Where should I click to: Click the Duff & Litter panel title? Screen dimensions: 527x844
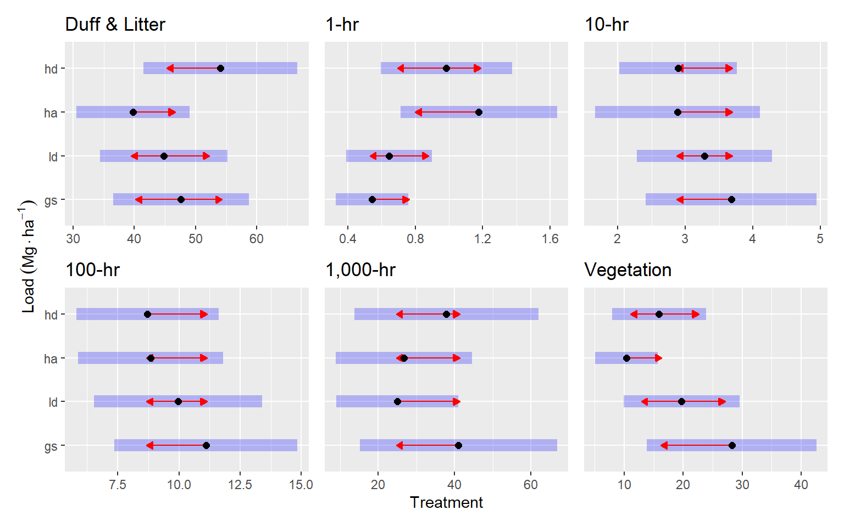coord(115,25)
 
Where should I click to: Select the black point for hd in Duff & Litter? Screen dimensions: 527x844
coord(220,69)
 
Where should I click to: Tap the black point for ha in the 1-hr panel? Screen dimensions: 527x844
coord(479,113)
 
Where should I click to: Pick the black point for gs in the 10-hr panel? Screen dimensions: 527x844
coord(731,200)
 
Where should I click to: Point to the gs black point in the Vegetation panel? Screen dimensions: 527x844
coord(732,446)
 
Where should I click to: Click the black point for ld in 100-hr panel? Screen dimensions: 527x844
coord(178,402)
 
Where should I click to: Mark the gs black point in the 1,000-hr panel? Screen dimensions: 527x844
coord(458,446)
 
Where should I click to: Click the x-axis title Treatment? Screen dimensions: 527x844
coord(446,502)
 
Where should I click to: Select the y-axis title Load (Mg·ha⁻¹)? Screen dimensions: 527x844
coord(29,256)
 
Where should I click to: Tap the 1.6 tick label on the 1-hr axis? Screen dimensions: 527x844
coord(550,239)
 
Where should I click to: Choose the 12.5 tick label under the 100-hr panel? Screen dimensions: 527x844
coord(240,485)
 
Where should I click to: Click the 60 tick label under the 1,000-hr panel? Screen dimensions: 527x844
coord(531,485)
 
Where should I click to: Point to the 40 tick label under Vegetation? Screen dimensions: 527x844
coord(801,485)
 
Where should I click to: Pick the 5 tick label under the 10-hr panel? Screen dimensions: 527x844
coord(820,239)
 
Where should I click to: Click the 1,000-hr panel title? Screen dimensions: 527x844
coord(360,270)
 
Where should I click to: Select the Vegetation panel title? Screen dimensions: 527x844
coord(628,270)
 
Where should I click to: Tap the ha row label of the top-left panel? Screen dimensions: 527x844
coord(51,113)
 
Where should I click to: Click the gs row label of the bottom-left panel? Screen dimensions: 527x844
coord(51,446)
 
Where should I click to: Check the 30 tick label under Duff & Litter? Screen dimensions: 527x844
coord(73,239)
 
